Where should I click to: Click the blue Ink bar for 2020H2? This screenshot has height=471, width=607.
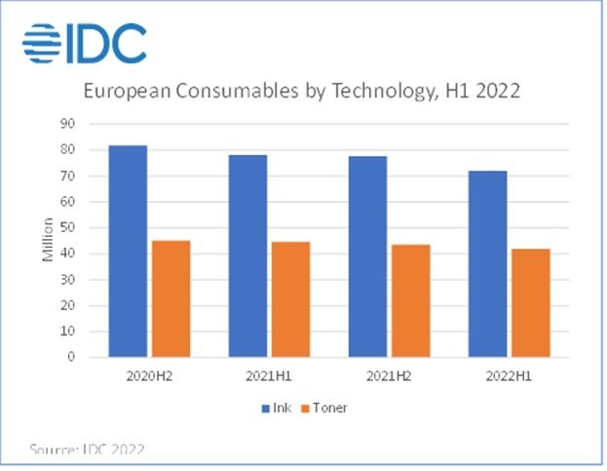click(x=129, y=251)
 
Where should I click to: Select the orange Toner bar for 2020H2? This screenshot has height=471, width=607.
click(x=171, y=298)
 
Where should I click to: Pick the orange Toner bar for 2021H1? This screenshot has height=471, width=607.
click(x=291, y=299)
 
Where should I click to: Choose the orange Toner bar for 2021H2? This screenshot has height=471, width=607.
click(x=411, y=300)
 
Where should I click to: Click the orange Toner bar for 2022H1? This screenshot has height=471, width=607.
click(x=531, y=302)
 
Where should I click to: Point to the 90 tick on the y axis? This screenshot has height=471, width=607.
click(x=68, y=124)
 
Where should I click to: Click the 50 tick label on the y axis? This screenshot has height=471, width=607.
click(x=68, y=227)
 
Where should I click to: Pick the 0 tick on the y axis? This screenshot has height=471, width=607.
click(x=72, y=357)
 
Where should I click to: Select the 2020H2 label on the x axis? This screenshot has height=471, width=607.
click(x=150, y=375)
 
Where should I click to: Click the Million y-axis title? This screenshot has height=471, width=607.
click(x=48, y=241)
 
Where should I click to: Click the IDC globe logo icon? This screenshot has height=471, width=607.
click(x=42, y=42)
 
